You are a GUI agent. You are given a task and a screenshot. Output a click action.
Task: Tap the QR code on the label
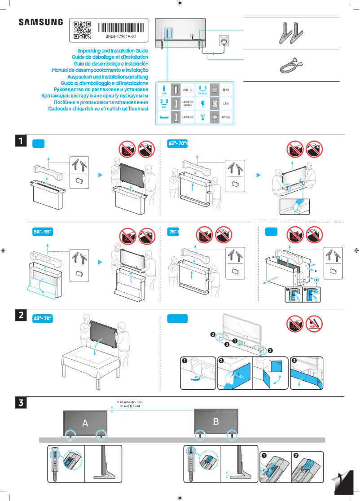pyautogui.click(x=82, y=30)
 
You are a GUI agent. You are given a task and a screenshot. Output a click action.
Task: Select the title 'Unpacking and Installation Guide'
pyautogui.click(x=113, y=51)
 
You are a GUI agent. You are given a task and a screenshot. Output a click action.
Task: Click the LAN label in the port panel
pyautogui.click(x=226, y=103)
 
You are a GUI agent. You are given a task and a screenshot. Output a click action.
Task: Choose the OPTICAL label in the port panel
pyautogui.click(x=202, y=93)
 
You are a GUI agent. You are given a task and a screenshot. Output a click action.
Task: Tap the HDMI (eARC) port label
pyautogui.click(x=188, y=103)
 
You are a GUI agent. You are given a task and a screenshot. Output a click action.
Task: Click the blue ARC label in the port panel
pyautogui.click(x=164, y=108)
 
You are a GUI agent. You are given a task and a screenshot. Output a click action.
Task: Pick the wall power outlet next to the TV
pyautogui.click(x=224, y=40)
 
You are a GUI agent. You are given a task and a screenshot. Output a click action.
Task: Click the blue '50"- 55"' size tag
pyautogui.click(x=44, y=232)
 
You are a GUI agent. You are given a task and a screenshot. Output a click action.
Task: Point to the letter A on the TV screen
pyautogui.click(x=85, y=423)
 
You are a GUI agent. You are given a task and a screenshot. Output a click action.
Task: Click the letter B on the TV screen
pyautogui.click(x=216, y=421)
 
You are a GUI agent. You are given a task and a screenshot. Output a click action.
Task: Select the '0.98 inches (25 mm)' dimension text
pyautogui.click(x=130, y=402)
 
